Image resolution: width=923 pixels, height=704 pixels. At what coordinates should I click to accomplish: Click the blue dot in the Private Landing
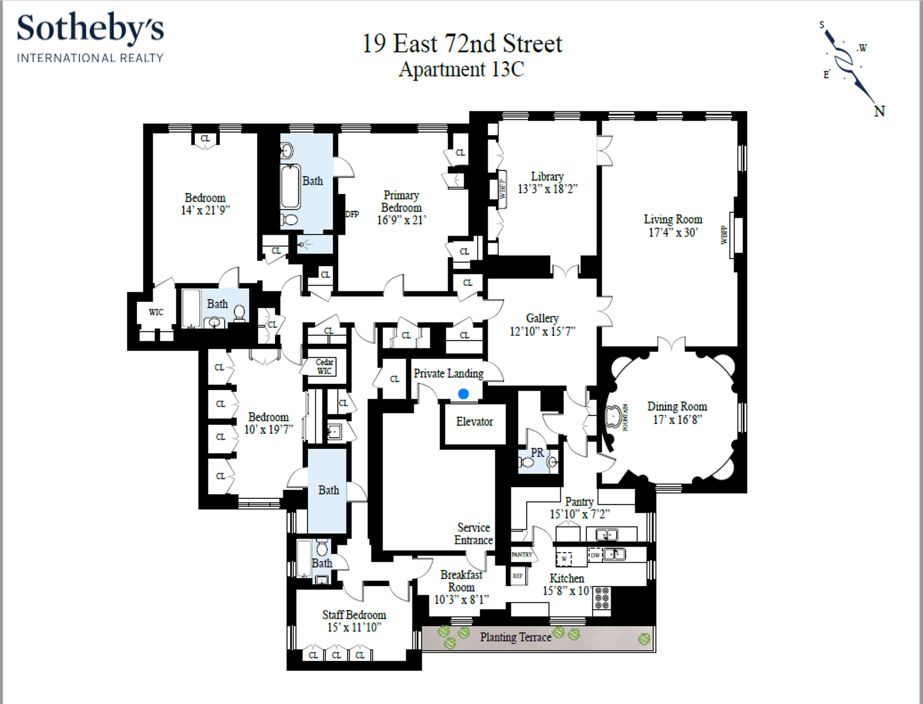[463, 394]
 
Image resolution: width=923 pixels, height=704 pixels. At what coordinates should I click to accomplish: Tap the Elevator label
[474, 422]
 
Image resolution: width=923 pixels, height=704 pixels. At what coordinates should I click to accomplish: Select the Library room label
[547, 176]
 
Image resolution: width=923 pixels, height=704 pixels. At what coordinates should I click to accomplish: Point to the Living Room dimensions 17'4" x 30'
[673, 233]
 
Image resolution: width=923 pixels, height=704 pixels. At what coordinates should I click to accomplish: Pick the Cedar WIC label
[324, 366]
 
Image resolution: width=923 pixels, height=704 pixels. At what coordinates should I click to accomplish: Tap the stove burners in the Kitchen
[602, 598]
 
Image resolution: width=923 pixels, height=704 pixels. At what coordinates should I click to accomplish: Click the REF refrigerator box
[518, 576]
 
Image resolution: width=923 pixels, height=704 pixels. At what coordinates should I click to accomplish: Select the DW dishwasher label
[595, 555]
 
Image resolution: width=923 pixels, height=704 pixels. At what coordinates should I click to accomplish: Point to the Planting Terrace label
[515, 637]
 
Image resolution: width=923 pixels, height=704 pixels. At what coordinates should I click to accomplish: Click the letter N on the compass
[879, 111]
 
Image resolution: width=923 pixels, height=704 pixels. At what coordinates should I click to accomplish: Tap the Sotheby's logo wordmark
[90, 29]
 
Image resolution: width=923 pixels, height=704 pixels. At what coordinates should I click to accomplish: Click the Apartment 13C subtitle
[461, 70]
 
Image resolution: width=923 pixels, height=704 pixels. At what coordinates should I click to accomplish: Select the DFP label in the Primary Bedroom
[352, 214]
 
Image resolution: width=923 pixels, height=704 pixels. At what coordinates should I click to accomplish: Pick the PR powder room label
[537, 453]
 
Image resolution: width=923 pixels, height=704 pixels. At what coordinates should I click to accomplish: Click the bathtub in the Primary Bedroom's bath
[290, 187]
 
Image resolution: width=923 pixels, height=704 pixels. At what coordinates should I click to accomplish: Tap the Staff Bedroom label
[354, 615]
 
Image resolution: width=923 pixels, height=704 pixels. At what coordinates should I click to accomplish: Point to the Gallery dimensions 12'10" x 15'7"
[542, 331]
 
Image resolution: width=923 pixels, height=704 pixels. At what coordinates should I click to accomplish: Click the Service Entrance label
[473, 534]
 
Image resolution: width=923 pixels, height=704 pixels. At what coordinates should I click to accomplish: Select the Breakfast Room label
[461, 581]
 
